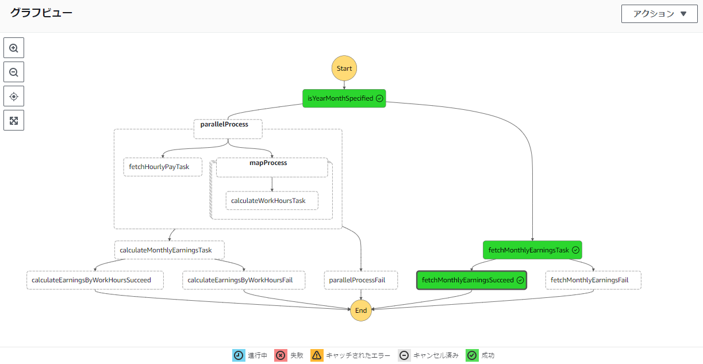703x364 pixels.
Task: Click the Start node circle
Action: (344, 68)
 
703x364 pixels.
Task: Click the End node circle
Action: (361, 311)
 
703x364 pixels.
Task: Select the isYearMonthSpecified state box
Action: (344, 98)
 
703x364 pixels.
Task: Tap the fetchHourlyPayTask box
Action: (163, 167)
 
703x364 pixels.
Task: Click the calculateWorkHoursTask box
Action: (271, 201)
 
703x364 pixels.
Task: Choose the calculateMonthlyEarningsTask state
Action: (169, 250)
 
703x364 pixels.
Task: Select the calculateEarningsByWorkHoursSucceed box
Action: (95, 280)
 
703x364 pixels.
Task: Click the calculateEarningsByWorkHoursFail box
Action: (244, 280)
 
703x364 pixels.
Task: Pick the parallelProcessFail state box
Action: (361, 280)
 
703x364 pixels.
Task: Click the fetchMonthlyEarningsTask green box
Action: (532, 250)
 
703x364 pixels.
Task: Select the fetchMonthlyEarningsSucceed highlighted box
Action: (471, 280)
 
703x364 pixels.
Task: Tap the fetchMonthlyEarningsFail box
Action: (593, 280)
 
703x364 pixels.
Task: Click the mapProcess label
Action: (268, 163)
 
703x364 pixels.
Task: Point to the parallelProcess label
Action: (224, 124)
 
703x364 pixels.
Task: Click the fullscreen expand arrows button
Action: (14, 120)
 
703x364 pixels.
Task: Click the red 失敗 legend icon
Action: (281, 355)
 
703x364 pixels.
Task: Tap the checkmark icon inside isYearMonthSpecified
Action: (379, 98)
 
